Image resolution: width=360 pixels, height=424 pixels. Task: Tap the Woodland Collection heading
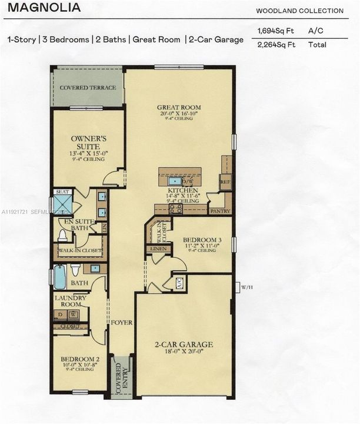(299, 11)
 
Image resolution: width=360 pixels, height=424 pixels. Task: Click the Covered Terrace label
(88, 88)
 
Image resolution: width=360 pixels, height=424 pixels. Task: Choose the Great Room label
(179, 108)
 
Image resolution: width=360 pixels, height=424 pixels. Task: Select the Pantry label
(219, 210)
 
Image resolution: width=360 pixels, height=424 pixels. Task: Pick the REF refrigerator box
(226, 182)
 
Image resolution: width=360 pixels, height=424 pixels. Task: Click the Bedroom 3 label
(202, 240)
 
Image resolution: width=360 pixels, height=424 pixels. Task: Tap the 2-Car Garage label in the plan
(184, 344)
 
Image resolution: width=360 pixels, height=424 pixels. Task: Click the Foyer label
(122, 323)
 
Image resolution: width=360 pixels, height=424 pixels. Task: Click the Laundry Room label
(71, 301)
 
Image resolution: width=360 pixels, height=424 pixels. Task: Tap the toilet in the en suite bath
(62, 236)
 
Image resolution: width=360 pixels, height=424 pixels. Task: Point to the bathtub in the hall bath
(60, 277)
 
